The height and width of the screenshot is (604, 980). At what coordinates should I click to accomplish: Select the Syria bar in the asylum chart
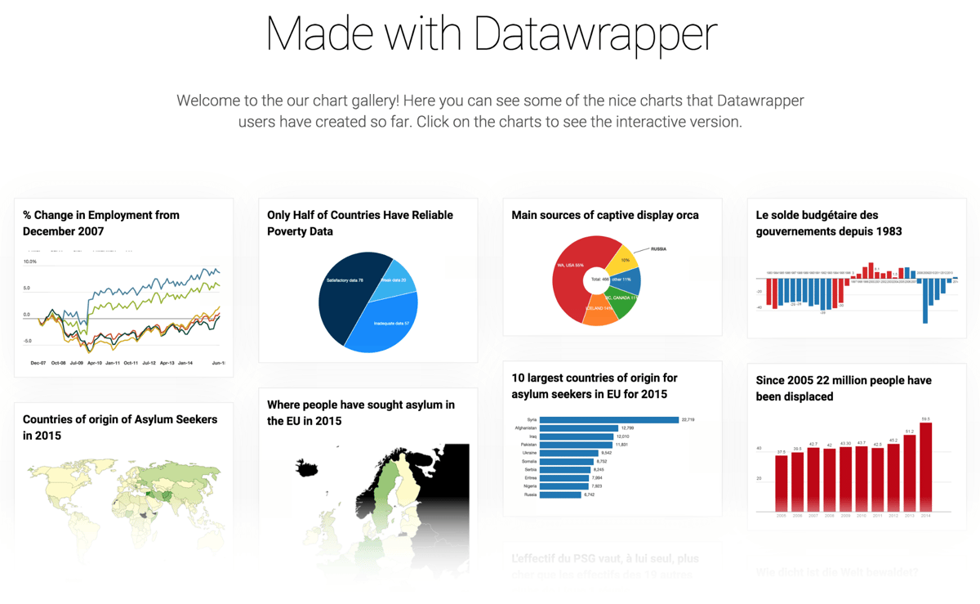[609, 420]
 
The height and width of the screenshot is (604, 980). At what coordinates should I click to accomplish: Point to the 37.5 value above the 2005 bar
[781, 451]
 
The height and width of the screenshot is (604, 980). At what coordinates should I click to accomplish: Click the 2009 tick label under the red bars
[845, 517]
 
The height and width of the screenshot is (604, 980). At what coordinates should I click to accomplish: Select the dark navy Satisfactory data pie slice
[343, 294]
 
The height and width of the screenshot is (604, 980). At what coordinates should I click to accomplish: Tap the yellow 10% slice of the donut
[625, 258]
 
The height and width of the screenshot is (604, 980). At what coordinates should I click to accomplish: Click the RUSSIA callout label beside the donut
[658, 248]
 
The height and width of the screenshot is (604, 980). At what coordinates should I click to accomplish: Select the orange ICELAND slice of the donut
[599, 311]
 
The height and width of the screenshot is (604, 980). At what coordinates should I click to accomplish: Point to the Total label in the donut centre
[595, 280]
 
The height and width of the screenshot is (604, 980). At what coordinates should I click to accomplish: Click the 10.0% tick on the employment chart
[30, 262]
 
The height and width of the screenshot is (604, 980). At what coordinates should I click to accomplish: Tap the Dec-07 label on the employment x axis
[38, 362]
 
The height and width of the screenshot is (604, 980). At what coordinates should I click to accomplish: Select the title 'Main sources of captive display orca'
[604, 215]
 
